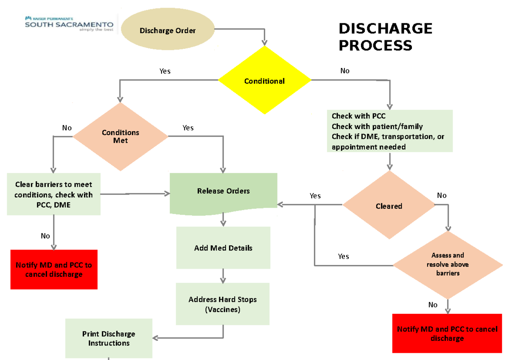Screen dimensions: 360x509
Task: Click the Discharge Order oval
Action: click(168, 31)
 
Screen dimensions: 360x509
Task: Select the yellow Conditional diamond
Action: click(264, 81)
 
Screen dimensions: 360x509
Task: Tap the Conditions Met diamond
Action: click(120, 136)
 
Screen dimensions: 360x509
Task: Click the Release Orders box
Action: click(223, 191)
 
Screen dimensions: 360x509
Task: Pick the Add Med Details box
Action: click(223, 248)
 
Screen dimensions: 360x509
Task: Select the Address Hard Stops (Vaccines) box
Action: click(223, 304)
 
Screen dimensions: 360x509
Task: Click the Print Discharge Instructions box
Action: click(109, 338)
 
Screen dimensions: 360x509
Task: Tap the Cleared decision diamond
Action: click(389, 206)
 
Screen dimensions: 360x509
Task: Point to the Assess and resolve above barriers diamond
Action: click(447, 264)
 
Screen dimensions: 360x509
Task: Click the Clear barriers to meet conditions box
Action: click(54, 194)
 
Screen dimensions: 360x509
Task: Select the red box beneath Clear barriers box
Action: click(54, 270)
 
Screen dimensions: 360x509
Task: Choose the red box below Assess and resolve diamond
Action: click(447, 334)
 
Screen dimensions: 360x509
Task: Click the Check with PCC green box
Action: click(389, 131)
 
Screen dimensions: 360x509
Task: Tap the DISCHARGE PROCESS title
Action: click(385, 37)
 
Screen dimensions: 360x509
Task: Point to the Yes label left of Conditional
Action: click(165, 71)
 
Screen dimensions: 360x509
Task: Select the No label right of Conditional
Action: click(345, 71)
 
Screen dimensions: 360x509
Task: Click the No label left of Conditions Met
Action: click(67, 128)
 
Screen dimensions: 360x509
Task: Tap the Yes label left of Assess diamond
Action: click(344, 256)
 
